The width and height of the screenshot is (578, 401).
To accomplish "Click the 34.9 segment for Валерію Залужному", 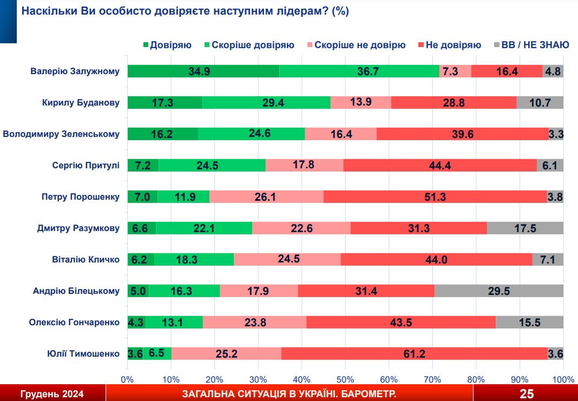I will coord(203,71).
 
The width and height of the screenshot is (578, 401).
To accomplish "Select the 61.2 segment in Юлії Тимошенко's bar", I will coord(414,354).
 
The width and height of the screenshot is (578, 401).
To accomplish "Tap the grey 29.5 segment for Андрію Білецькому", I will coord(498,291).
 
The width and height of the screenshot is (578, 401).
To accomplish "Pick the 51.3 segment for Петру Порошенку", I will coord(435,197).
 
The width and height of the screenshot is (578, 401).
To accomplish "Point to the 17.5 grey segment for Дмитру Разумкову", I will coord(525,228).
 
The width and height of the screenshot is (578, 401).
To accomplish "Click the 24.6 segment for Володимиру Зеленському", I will coord(251,134).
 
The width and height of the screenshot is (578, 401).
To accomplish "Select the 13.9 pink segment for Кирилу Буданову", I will coord(360,103).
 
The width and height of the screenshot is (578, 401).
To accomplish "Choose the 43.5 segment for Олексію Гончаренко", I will coord(401,323).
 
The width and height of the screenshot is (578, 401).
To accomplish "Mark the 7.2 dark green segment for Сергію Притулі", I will coord(143,166).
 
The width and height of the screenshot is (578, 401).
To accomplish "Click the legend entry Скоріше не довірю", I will coord(359,45).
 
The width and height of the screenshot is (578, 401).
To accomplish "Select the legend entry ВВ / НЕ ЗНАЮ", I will coord(535,45).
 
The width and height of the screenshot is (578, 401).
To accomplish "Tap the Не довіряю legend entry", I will coord(453,45).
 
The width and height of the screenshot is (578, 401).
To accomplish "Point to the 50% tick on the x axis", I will coord(345,379).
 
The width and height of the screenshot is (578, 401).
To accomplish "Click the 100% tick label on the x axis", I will coord(563,379).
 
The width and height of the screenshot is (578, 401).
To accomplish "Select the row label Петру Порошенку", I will coord(81,197).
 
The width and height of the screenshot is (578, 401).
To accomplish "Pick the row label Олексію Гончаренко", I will coord(74,323).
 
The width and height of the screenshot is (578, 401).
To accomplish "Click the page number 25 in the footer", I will coord(527,393).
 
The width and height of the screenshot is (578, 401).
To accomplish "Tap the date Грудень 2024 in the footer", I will coord(52,393).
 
